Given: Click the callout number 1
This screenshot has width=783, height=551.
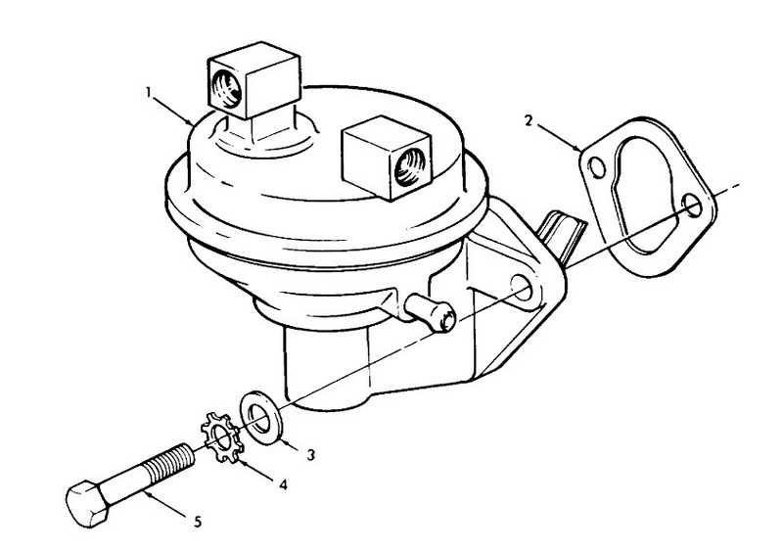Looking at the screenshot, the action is pyautogui.click(x=149, y=92).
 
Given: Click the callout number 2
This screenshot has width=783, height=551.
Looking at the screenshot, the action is pyautogui.click(x=529, y=120).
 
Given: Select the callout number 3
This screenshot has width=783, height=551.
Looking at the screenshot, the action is pyautogui.click(x=310, y=454).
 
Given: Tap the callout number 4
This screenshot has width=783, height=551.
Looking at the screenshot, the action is pyautogui.click(x=283, y=484).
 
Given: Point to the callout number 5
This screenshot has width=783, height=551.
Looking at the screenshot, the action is pyautogui.click(x=198, y=523).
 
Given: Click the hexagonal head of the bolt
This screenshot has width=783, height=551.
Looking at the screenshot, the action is pyautogui.click(x=86, y=505).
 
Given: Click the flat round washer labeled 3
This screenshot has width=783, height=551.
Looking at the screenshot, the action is pyautogui.click(x=260, y=417).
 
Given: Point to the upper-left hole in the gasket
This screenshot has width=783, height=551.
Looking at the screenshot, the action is pyautogui.click(x=596, y=168).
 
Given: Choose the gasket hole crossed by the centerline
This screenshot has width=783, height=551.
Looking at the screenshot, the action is pyautogui.click(x=693, y=205).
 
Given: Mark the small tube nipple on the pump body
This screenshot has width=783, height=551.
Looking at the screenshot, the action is pyautogui.click(x=431, y=313).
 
